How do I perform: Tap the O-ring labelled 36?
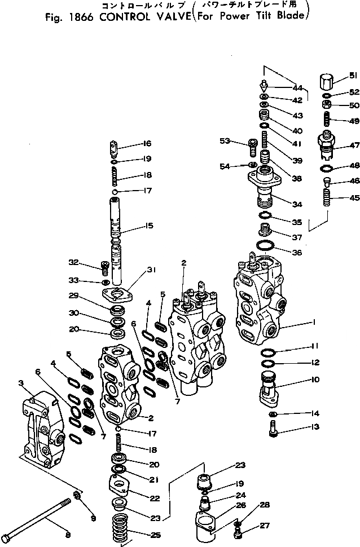pos(265,246)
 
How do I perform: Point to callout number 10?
pos(315,380)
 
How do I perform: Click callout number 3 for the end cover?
pos(21,383)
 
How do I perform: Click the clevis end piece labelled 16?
pos(113,149)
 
